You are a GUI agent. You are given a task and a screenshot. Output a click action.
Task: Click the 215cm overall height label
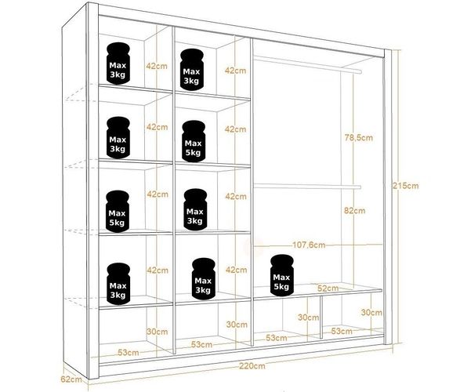point(406,186)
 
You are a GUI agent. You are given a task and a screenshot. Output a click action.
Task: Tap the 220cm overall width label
point(252,366)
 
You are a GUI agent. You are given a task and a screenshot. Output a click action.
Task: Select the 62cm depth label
point(71,379)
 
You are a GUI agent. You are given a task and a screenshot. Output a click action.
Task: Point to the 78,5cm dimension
point(358,137)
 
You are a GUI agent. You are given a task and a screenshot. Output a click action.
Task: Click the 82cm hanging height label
point(355,210)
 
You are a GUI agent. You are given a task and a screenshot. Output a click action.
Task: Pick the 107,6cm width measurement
point(309,245)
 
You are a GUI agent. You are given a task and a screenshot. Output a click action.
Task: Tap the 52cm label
point(328,289)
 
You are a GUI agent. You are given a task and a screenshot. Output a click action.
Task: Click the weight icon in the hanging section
point(282,275)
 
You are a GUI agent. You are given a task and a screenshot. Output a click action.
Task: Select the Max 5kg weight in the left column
point(118,211)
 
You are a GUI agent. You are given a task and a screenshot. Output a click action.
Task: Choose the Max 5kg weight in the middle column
point(194,141)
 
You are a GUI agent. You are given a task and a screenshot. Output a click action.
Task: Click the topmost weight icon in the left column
point(118,64)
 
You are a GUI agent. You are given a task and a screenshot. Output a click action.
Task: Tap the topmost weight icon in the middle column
point(191,70)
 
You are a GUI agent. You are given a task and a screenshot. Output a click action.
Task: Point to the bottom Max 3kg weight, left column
point(118,284)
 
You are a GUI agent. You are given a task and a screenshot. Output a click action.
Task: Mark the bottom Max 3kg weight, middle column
point(203,279)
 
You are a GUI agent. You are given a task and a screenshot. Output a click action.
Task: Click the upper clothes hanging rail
point(307,64)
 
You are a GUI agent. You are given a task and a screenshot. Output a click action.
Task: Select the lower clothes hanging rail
point(307,187)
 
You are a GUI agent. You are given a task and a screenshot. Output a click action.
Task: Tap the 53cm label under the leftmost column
point(129,352)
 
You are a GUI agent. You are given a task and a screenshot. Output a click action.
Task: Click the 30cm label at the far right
point(371,313)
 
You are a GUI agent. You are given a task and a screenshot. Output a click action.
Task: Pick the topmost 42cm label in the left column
point(157,66)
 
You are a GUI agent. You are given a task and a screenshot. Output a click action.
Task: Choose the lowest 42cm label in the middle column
point(236,270)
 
